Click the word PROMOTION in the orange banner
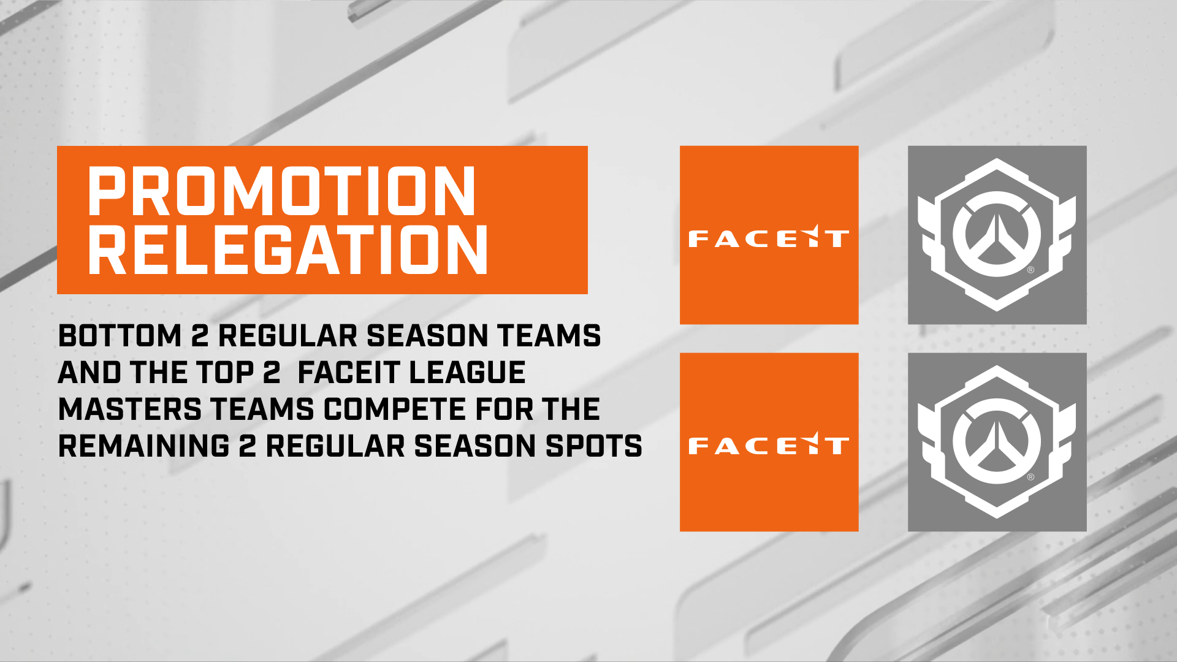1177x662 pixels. coord(282,191)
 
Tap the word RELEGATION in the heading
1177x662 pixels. coord(288,249)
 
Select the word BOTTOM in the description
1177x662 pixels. coord(120,336)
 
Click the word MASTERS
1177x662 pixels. coord(130,409)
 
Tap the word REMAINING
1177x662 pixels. coord(144,446)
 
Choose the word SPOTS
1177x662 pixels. coord(593,446)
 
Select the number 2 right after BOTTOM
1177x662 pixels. coord(200,336)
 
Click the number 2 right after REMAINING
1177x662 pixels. coord(248,446)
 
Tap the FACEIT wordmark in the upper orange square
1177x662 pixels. coord(769,238)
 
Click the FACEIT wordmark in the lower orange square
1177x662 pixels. coord(769,445)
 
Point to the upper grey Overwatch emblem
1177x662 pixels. coord(997,234)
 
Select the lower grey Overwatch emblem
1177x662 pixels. coord(997,441)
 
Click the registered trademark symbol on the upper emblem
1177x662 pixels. coord(1030,270)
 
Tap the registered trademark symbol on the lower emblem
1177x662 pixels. coord(1030,477)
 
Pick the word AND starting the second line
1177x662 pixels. coord(90,373)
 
